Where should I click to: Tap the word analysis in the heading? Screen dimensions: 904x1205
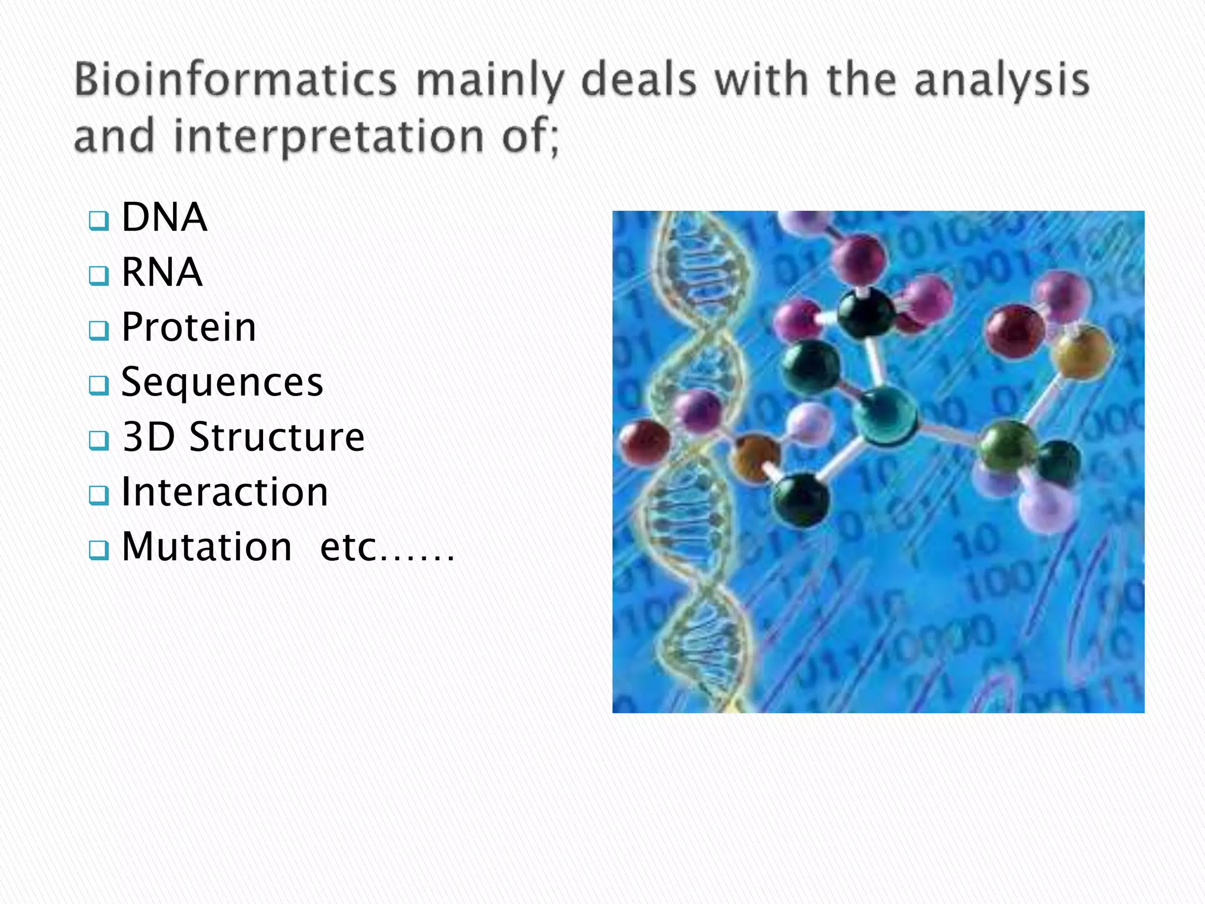(1002, 81)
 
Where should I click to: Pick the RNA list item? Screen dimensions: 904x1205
(161, 272)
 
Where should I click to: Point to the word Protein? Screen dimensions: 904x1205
(188, 327)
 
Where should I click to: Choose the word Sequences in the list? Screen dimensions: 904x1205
(222, 382)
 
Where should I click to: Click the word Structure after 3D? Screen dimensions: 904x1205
(277, 437)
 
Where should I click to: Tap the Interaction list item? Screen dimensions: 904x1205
(224, 492)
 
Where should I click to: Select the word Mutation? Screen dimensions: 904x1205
(207, 547)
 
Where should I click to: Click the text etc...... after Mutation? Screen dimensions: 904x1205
(387, 547)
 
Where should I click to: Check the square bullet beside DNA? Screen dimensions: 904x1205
(98, 221)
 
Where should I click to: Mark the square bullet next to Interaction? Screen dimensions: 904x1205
(98, 495)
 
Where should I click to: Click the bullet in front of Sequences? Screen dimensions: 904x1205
(98, 385)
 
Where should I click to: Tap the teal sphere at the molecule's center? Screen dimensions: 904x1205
(884, 416)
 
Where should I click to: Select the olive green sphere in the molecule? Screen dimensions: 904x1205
(1008, 446)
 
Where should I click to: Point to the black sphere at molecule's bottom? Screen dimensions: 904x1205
(800, 499)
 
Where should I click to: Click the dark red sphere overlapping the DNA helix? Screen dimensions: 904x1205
(645, 442)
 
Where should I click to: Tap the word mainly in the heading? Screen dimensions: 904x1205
(490, 81)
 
